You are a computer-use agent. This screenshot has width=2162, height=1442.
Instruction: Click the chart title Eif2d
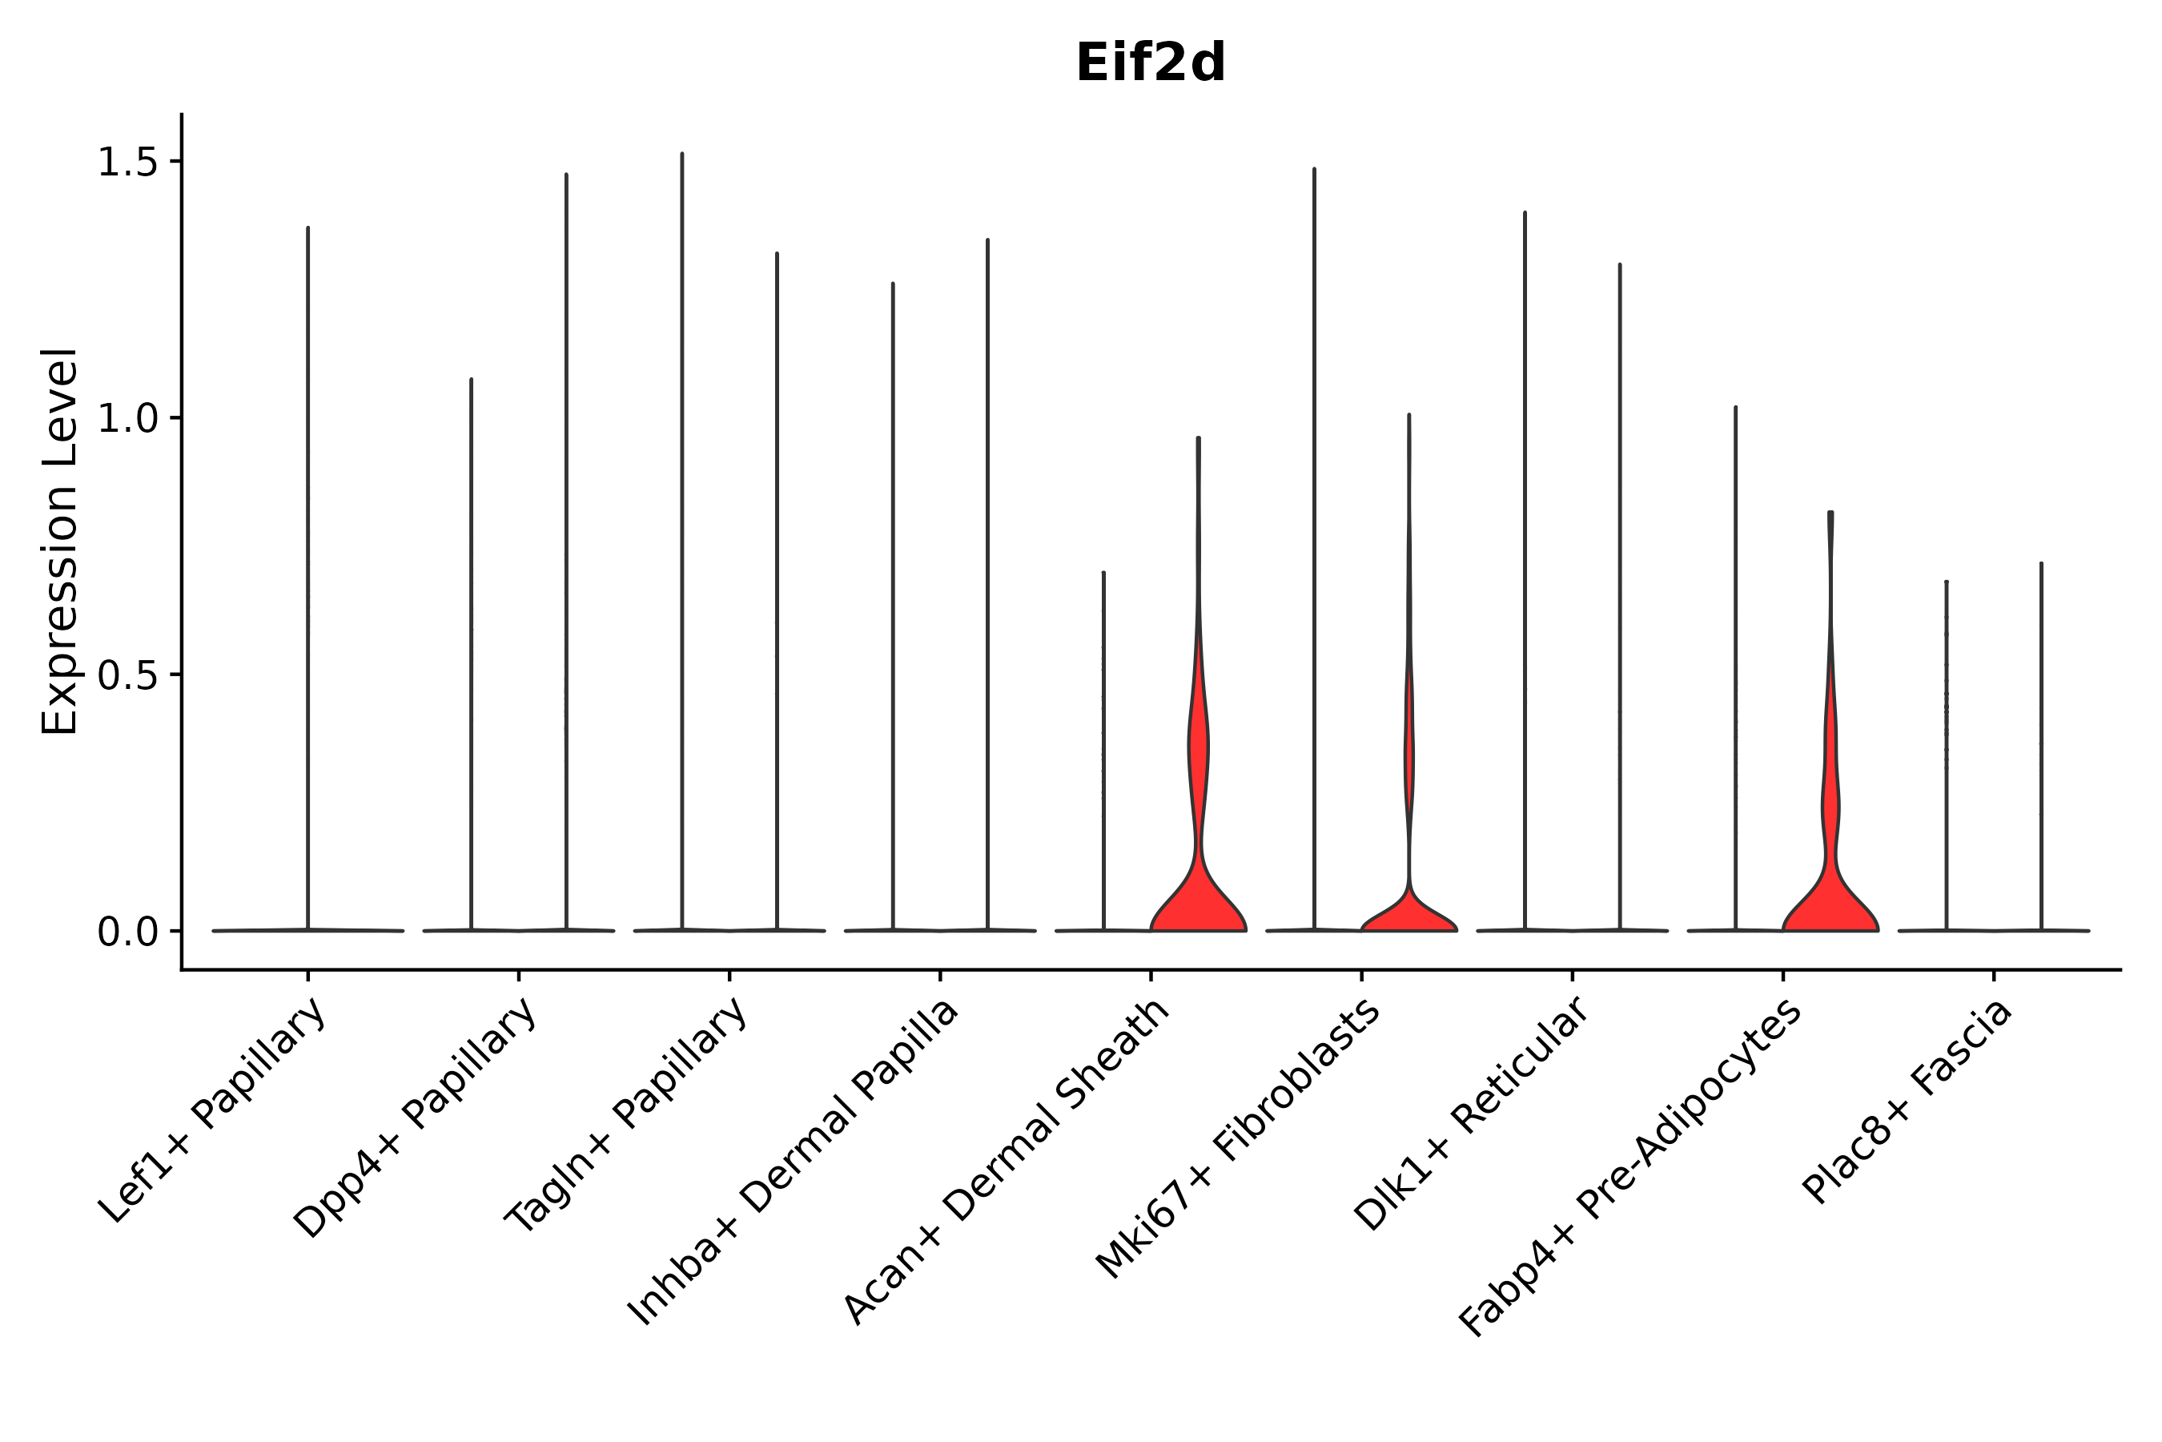(1150, 64)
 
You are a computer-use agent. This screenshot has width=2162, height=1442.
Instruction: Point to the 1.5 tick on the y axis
(127, 163)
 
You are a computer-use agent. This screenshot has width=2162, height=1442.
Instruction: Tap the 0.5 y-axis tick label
(127, 676)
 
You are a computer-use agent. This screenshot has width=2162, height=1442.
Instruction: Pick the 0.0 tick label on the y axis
(127, 932)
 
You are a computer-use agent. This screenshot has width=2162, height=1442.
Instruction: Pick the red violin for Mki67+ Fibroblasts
(1409, 915)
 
